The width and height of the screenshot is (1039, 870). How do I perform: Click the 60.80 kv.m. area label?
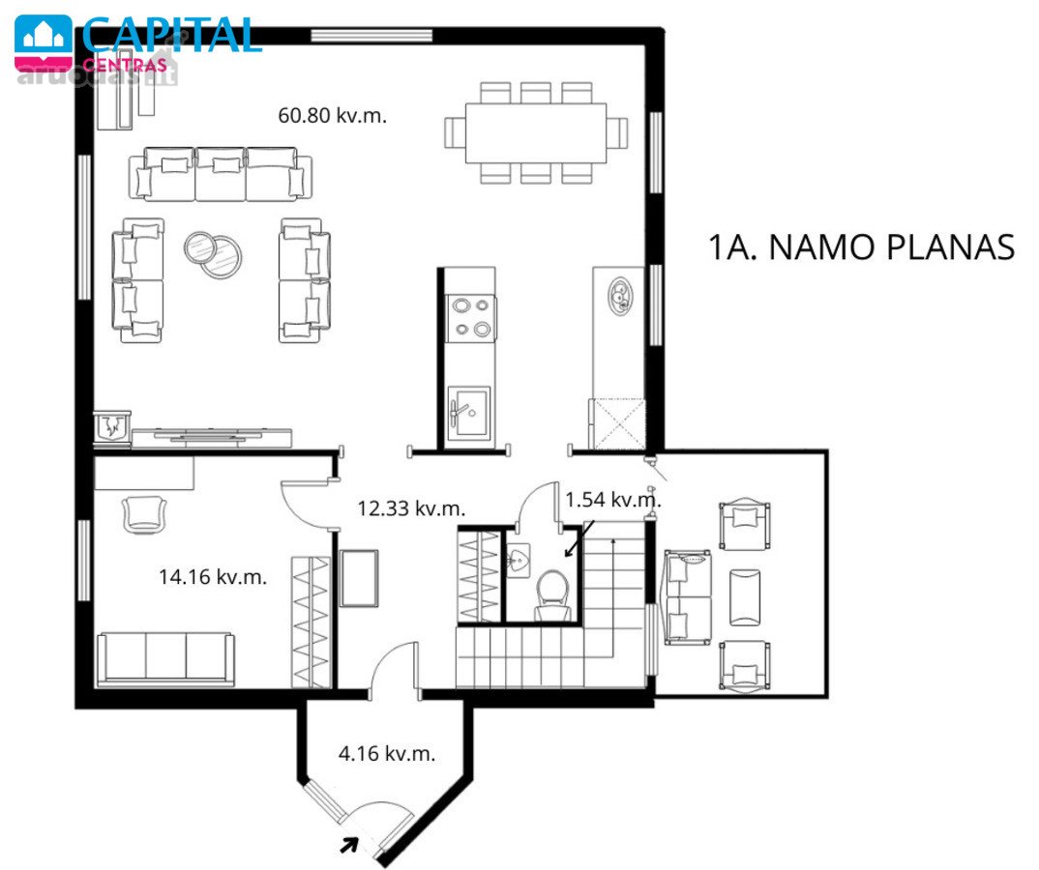pos(332,115)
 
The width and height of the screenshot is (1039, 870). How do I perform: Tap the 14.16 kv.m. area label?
pos(213,577)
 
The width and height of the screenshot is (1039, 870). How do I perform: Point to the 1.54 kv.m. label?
pos(613,499)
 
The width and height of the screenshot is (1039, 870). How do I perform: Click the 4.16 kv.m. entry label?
pos(387,753)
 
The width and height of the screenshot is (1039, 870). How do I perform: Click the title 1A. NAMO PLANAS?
pos(861,246)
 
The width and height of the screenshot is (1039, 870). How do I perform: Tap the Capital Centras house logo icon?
pos(44,41)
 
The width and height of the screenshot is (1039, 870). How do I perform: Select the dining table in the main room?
pos(535,133)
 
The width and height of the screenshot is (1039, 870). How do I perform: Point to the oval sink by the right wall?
pos(622,298)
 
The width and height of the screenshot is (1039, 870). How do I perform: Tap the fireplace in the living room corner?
pos(111,427)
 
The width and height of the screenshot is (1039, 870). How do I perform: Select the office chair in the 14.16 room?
pos(144,514)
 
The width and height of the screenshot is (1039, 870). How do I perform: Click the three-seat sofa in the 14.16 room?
pos(165,659)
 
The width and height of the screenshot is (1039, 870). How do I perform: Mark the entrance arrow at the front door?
pos(349,845)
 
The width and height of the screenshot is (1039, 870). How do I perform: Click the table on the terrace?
pos(745,596)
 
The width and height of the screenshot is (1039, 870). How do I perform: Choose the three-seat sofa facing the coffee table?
pos(220,173)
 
